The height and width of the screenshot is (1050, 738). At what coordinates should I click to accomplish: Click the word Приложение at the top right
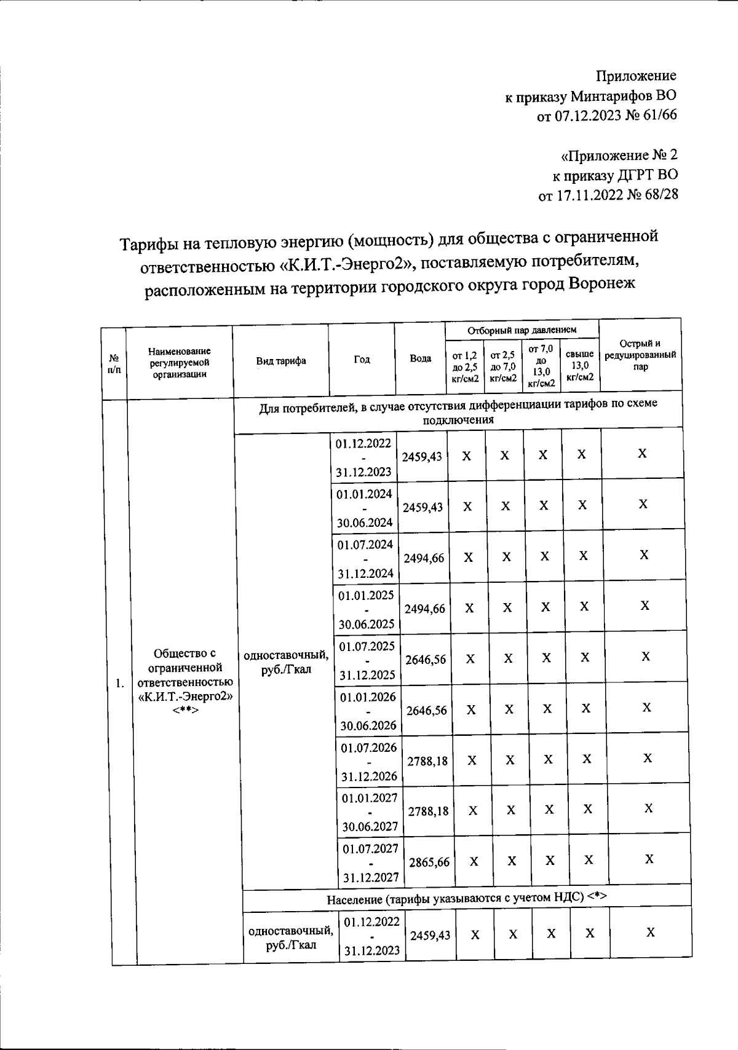point(636,76)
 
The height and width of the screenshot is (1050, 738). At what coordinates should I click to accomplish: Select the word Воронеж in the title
point(602,285)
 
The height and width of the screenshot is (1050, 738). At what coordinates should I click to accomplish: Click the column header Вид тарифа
point(280,361)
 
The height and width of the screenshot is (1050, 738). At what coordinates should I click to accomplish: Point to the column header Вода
point(420,358)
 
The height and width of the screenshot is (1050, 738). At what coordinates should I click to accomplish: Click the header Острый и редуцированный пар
point(640,355)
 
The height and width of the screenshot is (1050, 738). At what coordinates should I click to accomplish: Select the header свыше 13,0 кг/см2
point(580,365)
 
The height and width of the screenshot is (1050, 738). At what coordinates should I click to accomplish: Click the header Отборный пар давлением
point(522,331)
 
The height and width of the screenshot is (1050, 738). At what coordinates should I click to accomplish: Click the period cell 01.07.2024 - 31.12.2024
point(365,558)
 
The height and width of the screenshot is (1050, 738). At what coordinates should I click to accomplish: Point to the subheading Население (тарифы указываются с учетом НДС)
point(466,897)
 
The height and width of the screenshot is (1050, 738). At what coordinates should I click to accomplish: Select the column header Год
point(362,360)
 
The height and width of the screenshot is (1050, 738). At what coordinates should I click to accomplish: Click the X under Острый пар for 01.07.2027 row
point(649,859)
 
